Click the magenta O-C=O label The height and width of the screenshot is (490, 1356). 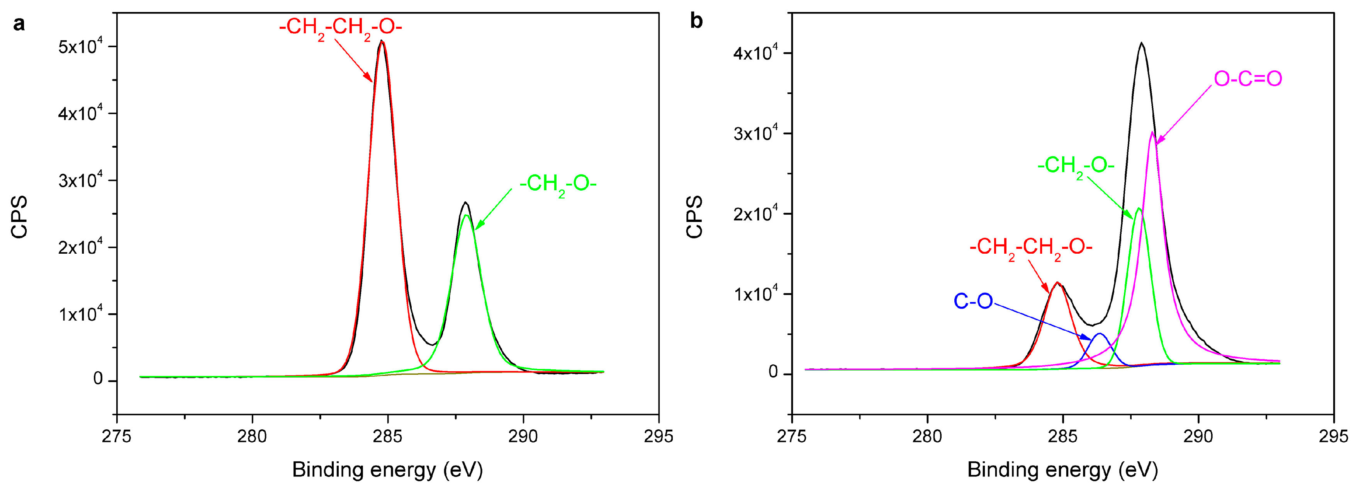point(1247,79)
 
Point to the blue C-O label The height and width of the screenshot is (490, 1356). point(973,301)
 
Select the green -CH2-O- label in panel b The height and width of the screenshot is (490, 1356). point(1076,166)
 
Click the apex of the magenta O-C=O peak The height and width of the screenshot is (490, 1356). point(1152,132)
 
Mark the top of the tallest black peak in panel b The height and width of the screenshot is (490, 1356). point(1141,43)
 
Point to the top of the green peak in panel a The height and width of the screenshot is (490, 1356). point(466,215)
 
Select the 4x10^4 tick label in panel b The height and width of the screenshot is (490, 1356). point(756,53)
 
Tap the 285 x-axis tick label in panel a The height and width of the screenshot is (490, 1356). point(388,436)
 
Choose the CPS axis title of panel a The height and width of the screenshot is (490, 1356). point(19,217)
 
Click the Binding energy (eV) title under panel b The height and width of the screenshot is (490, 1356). point(1062,470)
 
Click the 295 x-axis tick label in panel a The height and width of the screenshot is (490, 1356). point(658,436)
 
